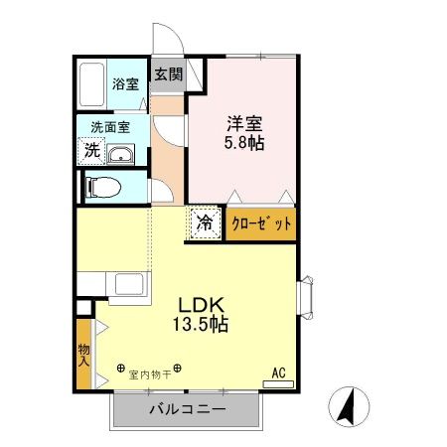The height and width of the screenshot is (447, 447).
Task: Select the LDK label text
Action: tap(204, 306)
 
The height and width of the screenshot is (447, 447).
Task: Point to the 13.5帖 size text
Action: tap(204, 325)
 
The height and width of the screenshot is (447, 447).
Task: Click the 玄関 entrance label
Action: tap(168, 74)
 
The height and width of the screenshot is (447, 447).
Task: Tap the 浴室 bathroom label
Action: tap(124, 84)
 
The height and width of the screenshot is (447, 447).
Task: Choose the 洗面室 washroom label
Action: tap(109, 126)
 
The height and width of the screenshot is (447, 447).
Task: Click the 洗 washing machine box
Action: tap(91, 151)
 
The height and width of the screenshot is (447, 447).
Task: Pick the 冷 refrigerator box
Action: tap(204, 223)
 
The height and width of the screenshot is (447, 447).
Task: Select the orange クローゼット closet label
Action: tap(262, 223)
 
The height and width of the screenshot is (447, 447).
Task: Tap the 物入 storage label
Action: tap(84, 353)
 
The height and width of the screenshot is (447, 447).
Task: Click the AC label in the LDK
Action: tap(279, 373)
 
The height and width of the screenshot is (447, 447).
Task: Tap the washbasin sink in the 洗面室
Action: tap(122, 154)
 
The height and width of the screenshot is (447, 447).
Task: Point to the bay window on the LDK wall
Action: tap(307, 294)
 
